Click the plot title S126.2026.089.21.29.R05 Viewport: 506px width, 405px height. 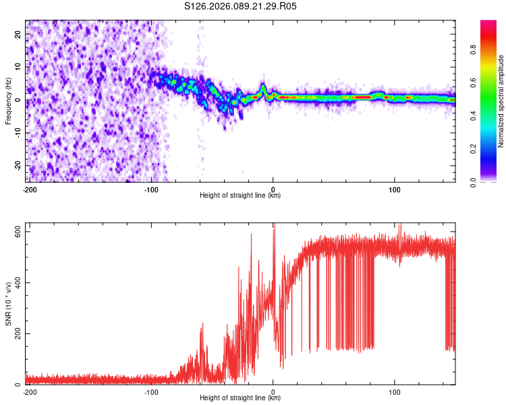241,7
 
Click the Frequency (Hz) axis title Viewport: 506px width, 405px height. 8,101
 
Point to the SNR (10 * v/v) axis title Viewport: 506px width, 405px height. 8,304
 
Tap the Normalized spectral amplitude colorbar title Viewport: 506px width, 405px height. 501,101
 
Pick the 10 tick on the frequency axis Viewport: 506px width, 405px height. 19,66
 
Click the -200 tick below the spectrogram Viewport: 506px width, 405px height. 29,189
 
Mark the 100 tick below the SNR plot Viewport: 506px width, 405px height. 395,391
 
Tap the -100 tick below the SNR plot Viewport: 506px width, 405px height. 151,391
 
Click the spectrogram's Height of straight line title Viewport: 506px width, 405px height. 240,196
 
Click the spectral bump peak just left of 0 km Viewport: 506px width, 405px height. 263,86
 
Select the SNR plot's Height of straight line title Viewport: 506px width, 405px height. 240,398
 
